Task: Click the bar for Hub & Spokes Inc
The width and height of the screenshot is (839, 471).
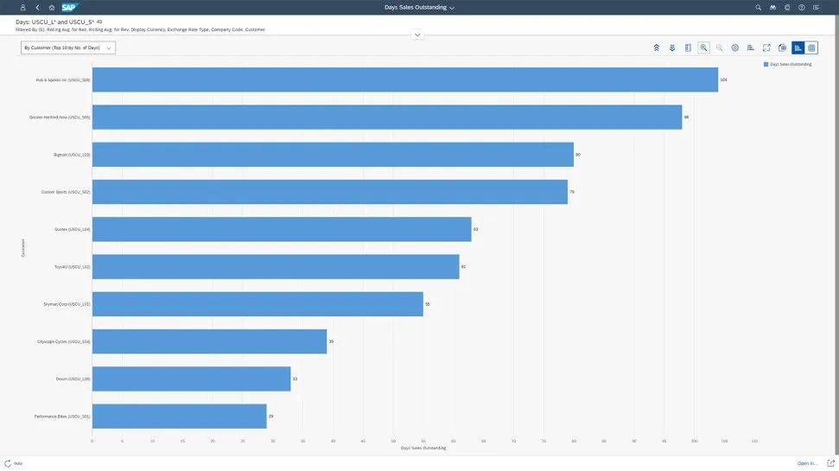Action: coord(404,80)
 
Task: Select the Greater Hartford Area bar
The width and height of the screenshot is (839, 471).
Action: coord(386,117)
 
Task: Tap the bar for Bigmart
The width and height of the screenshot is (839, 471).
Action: coord(333,155)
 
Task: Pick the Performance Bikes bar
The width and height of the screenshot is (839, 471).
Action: coord(179,417)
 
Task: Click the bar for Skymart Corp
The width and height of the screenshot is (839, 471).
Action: coord(257,304)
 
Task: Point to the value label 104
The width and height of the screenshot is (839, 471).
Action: coord(723,80)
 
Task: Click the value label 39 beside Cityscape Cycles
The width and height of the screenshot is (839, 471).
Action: coord(331,341)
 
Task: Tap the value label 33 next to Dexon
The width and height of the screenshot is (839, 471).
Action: coord(295,379)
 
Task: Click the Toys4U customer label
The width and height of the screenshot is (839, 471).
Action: coord(72,267)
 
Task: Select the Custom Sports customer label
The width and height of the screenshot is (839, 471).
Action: coord(66,192)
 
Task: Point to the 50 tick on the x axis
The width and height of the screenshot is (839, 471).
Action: coord(393,441)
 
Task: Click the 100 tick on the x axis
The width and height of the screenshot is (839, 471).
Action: coord(694,441)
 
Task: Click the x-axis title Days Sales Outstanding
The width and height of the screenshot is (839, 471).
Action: coord(423,448)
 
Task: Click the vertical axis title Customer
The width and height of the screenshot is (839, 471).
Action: coord(23,248)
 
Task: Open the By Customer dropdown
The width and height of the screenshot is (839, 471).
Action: coord(68,48)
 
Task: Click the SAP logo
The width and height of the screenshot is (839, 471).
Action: coord(70,7)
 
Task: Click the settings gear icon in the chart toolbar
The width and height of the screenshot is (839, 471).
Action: coord(734,48)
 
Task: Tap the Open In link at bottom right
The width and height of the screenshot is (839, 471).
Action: coord(807,464)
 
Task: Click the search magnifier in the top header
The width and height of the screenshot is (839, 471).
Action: coord(759,7)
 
